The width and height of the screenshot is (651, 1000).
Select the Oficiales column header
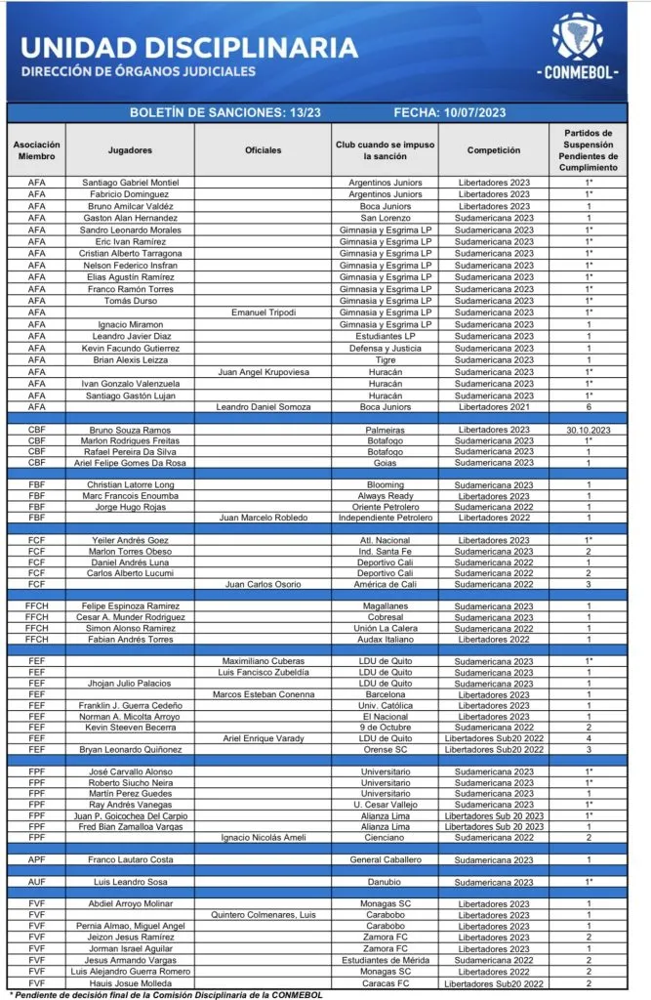coord(264,150)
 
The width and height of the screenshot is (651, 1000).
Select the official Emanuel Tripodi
coord(264,312)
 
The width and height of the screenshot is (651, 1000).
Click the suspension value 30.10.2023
coord(589,430)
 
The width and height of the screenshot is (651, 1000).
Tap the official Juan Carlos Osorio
coord(264,585)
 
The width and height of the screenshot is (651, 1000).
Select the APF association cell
coord(36,859)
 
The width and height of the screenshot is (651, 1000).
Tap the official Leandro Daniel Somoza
coord(264,406)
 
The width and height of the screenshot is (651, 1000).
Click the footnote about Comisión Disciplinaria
coord(176,994)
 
